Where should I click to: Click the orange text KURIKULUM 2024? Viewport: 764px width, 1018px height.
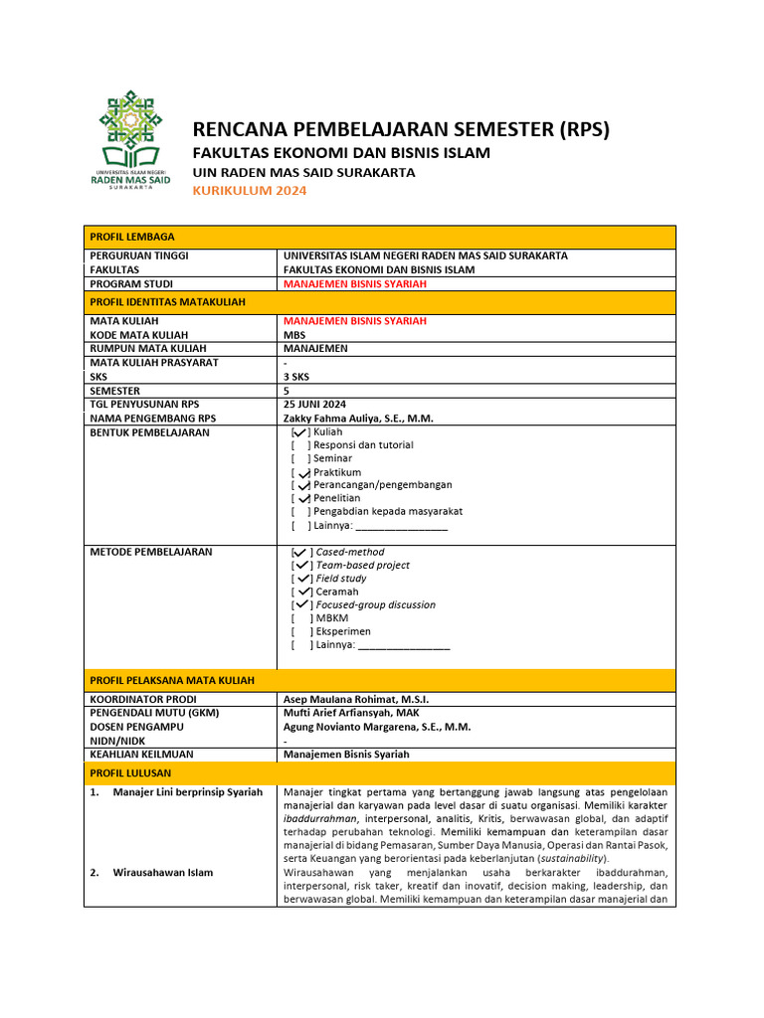pos(250,191)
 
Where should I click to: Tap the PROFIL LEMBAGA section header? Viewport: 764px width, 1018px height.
pos(132,237)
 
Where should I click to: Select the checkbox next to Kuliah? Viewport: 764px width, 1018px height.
pos(299,432)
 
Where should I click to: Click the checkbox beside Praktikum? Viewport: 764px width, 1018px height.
pos(299,472)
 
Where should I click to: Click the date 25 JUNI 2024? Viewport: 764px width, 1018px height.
pos(314,405)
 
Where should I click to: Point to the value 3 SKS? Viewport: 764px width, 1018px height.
pos(296,377)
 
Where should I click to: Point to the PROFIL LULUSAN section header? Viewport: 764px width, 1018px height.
pos(130,772)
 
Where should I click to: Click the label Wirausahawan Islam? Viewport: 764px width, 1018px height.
pos(163,872)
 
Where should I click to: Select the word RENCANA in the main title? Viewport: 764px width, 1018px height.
pos(239,129)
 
